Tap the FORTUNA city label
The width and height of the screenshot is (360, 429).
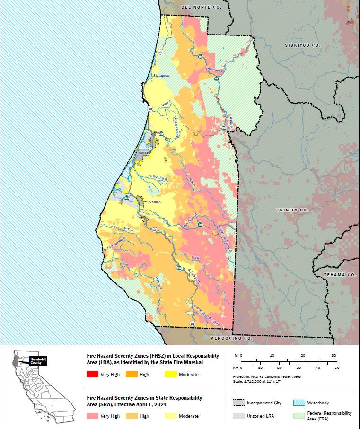[155, 201]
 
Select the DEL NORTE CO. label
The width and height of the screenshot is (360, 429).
[202, 8]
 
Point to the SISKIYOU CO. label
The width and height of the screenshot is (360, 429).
[303, 45]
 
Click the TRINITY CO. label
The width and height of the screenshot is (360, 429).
[293, 210]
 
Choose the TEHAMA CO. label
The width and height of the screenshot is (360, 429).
[340, 275]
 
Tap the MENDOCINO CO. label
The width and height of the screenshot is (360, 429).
[230, 339]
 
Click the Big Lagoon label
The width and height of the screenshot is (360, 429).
[161, 76]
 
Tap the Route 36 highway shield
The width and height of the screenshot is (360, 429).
[200, 224]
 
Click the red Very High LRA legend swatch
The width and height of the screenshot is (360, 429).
[93, 375]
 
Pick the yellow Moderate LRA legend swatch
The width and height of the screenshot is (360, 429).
[172, 375]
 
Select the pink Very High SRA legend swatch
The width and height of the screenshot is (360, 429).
[93, 416]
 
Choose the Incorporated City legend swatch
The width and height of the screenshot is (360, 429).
[238, 403]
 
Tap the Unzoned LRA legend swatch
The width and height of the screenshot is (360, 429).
[238, 416]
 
